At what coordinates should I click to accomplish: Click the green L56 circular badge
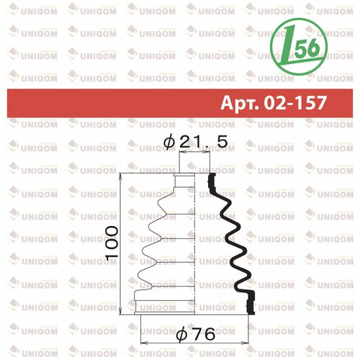click(x=299, y=47)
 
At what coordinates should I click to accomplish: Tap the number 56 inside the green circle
click(x=307, y=48)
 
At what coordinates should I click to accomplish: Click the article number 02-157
click(x=295, y=103)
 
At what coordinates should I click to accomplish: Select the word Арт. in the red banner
click(x=240, y=103)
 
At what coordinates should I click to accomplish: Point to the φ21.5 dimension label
click(x=195, y=142)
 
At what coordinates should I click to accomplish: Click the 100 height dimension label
click(x=112, y=243)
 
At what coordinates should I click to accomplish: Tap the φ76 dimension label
click(x=196, y=334)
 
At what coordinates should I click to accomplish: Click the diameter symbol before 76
click(x=181, y=335)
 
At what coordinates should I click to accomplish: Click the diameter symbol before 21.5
click(x=168, y=142)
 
